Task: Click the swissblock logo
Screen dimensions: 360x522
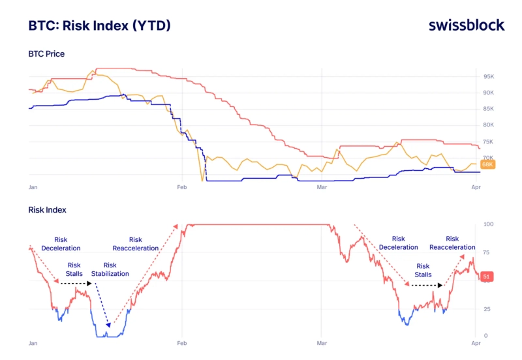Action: pyautogui.click(x=466, y=25)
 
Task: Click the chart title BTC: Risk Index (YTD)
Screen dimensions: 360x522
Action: pyautogui.click(x=100, y=25)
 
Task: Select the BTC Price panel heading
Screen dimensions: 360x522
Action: pyautogui.click(x=46, y=53)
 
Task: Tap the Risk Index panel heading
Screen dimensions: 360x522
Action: pyautogui.click(x=47, y=210)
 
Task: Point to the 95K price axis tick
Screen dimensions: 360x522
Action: pyautogui.click(x=488, y=76)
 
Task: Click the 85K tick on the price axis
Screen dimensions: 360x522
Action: pyautogui.click(x=488, y=109)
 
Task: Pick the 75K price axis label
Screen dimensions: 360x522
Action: pyautogui.click(x=488, y=142)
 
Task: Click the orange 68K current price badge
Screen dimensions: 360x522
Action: pyautogui.click(x=487, y=165)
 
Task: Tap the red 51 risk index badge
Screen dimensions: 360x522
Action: pyautogui.click(x=487, y=277)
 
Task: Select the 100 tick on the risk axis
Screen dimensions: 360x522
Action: pyautogui.click(x=487, y=224)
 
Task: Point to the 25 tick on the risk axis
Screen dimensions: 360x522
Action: pyautogui.click(x=486, y=308)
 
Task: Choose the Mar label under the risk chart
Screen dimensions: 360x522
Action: pyautogui.click(x=322, y=342)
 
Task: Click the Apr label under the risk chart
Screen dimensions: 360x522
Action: pyautogui.click(x=475, y=342)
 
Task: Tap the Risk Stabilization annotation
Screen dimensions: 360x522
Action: pyautogui.click(x=110, y=269)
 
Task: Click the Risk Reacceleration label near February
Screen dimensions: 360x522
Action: pyautogui.click(x=135, y=244)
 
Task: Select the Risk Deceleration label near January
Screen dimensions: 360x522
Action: pyautogui.click(x=61, y=244)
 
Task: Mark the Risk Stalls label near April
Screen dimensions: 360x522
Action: pyautogui.click(x=423, y=270)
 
